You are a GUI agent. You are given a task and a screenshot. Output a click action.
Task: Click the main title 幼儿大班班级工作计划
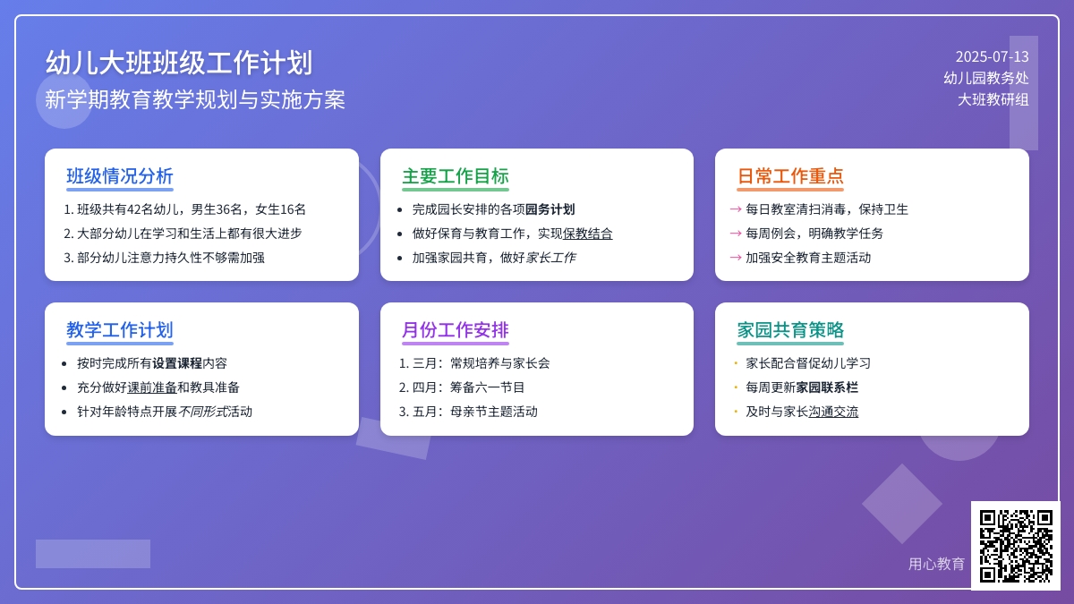click(x=179, y=64)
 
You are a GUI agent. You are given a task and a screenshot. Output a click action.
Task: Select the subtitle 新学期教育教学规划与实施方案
click(x=195, y=99)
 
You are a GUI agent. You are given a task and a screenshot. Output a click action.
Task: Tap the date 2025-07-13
click(x=992, y=56)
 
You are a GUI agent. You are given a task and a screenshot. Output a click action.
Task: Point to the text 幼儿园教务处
click(x=985, y=78)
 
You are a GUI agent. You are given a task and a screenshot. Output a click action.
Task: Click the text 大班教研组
click(x=993, y=99)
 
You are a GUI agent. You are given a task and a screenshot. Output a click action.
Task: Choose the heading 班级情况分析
click(x=120, y=176)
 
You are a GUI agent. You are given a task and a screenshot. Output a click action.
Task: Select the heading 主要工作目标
click(x=455, y=176)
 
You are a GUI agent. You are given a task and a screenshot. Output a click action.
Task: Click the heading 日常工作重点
click(x=790, y=176)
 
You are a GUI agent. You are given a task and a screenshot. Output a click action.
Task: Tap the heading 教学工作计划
click(x=120, y=330)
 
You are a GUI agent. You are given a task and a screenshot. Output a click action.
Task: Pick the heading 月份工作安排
click(x=455, y=330)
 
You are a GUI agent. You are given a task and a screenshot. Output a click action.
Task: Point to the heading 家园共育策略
click(x=790, y=330)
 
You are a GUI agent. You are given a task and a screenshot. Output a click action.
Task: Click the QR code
click(x=1016, y=546)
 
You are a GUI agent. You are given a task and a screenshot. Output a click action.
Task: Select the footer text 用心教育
click(x=936, y=564)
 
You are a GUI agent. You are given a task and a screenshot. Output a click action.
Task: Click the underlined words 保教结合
click(x=588, y=234)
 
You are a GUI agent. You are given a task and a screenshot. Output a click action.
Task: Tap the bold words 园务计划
click(x=550, y=209)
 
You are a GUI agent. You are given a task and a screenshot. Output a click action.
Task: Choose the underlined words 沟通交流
click(x=833, y=412)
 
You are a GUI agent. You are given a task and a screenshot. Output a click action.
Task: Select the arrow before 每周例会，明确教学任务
click(x=736, y=234)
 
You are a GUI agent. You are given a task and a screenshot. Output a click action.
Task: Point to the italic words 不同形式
click(x=203, y=412)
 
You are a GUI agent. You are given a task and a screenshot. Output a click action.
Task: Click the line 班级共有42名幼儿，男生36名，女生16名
click(x=191, y=209)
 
